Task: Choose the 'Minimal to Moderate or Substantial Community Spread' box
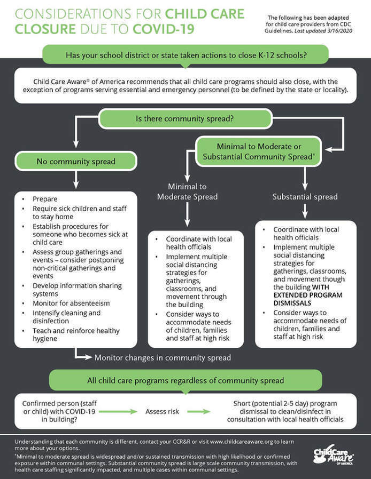[259, 151]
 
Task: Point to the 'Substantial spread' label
[305, 197]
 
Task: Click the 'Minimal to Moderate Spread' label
[187, 191]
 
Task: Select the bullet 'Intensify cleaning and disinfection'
[66, 317]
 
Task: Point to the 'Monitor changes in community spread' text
[163, 357]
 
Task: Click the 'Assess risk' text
[163, 411]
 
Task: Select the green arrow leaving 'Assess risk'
[198, 411]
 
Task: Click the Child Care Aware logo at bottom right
[333, 457]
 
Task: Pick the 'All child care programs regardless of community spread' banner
[185, 380]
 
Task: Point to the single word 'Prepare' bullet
[45, 199]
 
